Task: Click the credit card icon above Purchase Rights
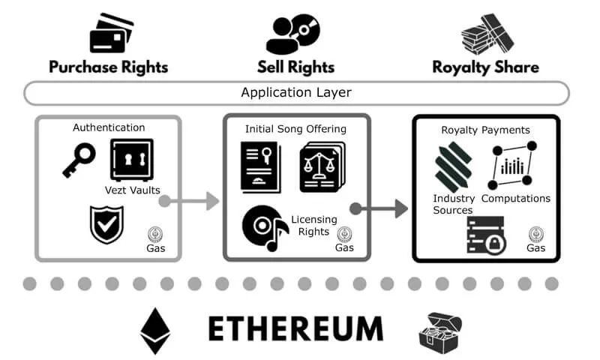[111, 33]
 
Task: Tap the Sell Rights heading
[295, 67]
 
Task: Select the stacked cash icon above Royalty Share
[487, 34]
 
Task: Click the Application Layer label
[296, 92]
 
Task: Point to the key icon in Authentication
[79, 160]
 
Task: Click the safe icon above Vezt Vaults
[132, 160]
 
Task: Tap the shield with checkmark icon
[106, 224]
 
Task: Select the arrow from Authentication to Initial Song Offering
[189, 201]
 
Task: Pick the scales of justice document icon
[322, 166]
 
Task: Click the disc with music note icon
[265, 228]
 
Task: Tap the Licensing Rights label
[314, 225]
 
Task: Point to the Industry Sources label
[454, 204]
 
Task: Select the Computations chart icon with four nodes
[512, 165]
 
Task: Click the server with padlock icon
[486, 235]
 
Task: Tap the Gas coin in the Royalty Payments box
[536, 234]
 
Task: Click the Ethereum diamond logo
[155, 331]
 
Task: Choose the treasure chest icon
[440, 333]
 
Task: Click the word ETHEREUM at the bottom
[295, 328]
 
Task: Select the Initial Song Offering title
[295, 129]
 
